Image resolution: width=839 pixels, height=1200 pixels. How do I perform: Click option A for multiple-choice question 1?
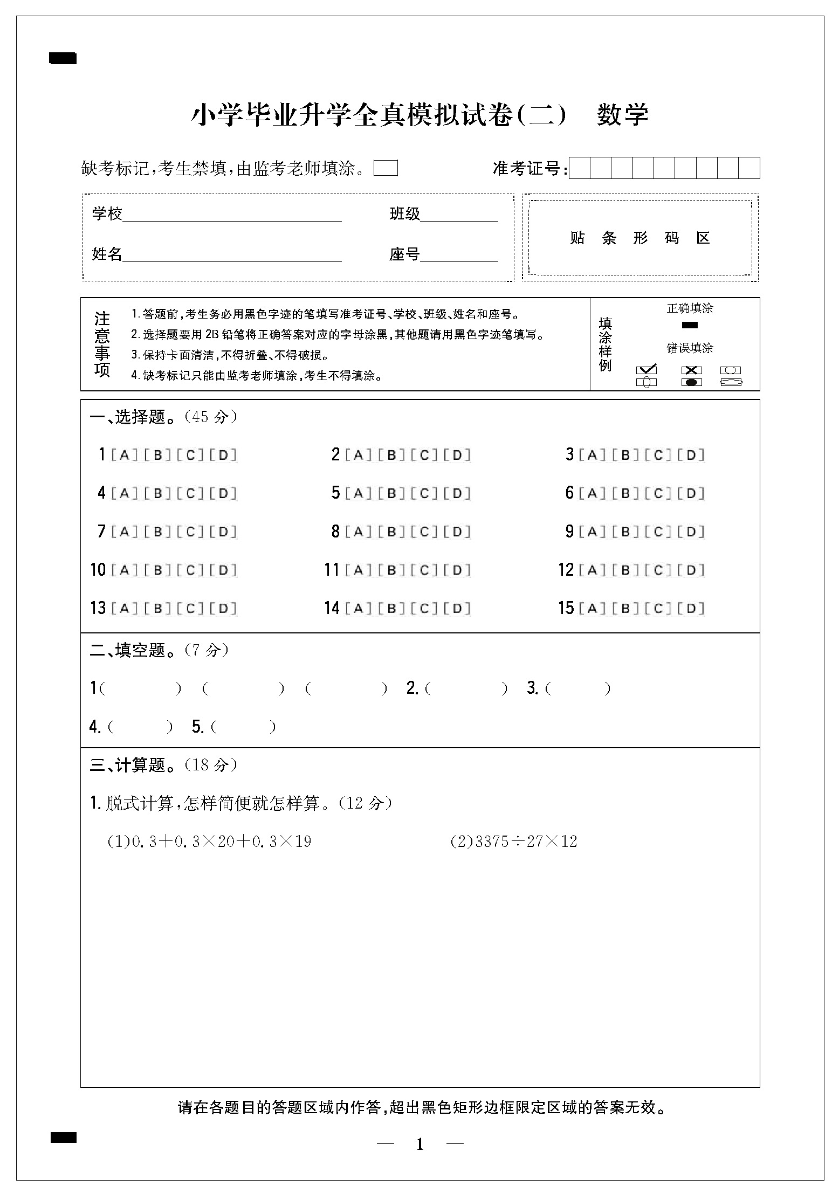(124, 455)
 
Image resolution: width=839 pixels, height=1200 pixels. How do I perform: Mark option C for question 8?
(424, 532)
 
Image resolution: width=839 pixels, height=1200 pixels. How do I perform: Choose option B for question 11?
(391, 570)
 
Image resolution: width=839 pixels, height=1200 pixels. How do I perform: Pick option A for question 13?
(124, 609)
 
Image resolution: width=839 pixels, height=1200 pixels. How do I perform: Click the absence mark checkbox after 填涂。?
(386, 168)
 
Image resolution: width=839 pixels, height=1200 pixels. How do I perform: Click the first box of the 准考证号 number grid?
(580, 168)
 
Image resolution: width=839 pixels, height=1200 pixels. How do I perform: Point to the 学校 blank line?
(232, 216)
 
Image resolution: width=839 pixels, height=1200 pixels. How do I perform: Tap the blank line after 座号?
(459, 256)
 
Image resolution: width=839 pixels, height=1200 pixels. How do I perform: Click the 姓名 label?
(107, 253)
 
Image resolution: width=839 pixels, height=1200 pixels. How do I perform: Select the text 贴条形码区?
(640, 238)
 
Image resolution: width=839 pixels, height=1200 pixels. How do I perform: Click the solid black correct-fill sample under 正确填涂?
(690, 325)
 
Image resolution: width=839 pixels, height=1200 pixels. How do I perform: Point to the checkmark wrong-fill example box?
(647, 370)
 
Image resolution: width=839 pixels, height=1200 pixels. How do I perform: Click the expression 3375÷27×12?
(526, 842)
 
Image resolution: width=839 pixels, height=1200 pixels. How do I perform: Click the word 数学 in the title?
(622, 115)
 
